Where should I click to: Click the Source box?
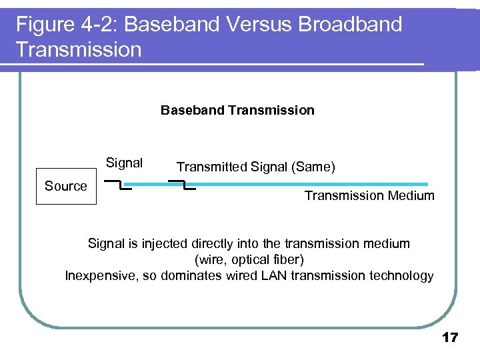click(x=66, y=186)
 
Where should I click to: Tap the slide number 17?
click(x=450, y=338)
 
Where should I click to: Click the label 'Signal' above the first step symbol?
click(x=124, y=163)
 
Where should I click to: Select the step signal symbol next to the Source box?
click(x=119, y=185)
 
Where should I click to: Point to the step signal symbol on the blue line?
click(x=182, y=185)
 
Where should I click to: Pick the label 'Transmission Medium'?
click(x=369, y=196)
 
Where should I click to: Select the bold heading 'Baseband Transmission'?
click(x=237, y=111)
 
